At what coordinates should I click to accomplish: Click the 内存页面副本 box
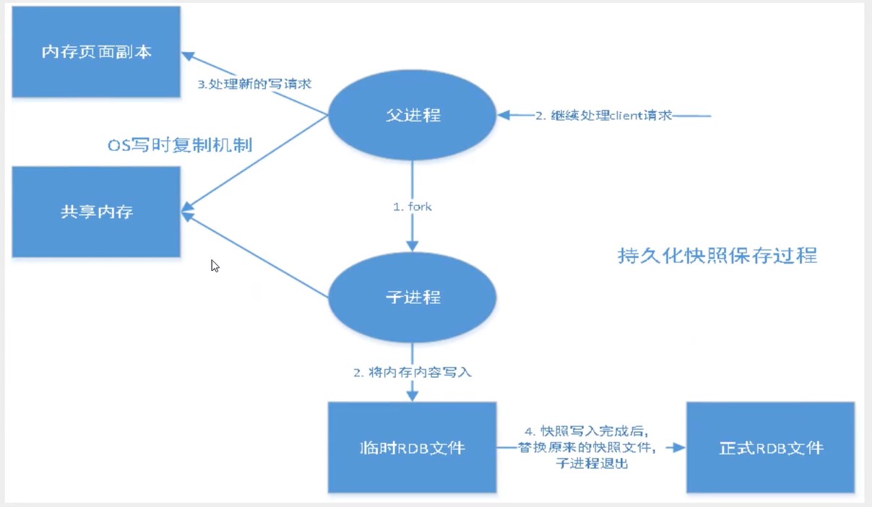(95, 52)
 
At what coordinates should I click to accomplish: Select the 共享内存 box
(95, 212)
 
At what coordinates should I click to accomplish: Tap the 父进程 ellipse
(413, 115)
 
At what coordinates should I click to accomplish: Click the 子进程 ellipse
(413, 297)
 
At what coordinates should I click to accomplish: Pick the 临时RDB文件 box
(412, 448)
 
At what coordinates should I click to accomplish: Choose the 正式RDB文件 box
(771, 448)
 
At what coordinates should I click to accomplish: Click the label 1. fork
(413, 207)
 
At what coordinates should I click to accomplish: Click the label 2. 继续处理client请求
(604, 115)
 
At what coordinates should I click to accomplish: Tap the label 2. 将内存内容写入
(413, 373)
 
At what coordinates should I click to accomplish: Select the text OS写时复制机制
(178, 145)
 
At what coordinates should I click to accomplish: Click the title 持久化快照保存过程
(717, 255)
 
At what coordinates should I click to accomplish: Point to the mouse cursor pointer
(214, 265)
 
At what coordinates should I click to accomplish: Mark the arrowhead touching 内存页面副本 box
(186, 55)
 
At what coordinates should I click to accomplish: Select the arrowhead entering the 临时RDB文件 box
(413, 396)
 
